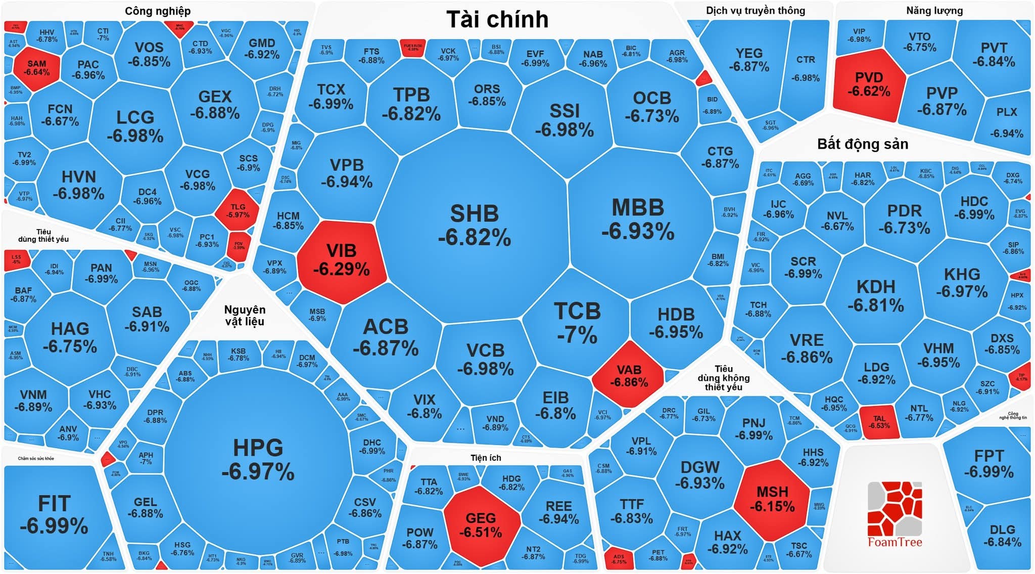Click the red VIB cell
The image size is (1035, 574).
point(342,260)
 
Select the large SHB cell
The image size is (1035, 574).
point(474,225)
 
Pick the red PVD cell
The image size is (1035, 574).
point(869,84)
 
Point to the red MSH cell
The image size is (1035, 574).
point(772,499)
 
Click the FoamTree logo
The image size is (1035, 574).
point(895,514)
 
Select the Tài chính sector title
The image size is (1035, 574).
point(497,20)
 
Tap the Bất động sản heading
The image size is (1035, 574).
point(862,144)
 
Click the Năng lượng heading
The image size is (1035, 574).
point(934,11)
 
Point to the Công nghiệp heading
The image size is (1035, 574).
point(158,11)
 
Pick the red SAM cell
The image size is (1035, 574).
point(37,68)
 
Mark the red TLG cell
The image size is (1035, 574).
point(238,210)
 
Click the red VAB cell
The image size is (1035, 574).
point(629,376)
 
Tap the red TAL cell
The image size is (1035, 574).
point(879,422)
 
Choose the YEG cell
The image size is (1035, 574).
point(748,60)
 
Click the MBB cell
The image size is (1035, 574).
point(638,219)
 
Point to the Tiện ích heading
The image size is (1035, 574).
point(486,458)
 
